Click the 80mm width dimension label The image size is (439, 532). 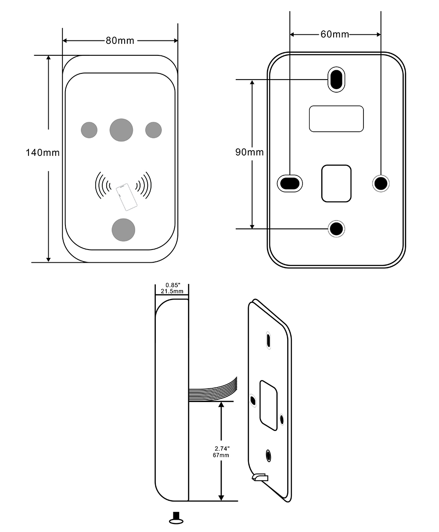pos(120,41)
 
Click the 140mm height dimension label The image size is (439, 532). pos(43,152)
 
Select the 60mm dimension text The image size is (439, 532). pos(335,34)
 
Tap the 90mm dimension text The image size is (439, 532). pos(249,152)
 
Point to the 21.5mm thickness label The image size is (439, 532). pos(172,291)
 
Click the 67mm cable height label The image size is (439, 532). pos(221,455)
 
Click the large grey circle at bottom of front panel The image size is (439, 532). pos(123,230)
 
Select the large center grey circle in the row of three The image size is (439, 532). pos(121,130)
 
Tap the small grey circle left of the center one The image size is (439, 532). pos(89,130)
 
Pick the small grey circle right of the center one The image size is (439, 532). pos(153,130)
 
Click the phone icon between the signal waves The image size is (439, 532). pos(126,197)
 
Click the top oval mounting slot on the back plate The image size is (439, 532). pos(336,79)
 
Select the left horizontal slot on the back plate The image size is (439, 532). pos(290,184)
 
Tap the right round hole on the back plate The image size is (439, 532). pos(381,184)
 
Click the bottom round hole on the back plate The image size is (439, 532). pos(336,228)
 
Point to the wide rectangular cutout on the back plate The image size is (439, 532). pos(336,119)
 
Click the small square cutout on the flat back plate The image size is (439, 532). pos(336,184)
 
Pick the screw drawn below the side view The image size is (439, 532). pos(176,518)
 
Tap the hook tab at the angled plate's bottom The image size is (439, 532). pos(260,477)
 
